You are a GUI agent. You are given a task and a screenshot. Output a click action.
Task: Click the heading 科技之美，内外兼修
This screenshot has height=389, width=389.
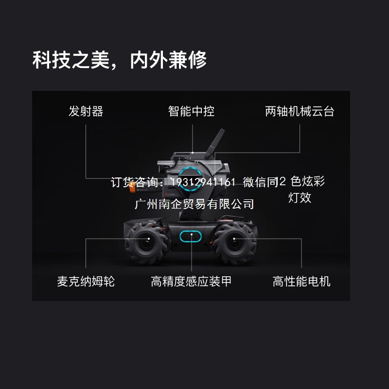tap(120, 60)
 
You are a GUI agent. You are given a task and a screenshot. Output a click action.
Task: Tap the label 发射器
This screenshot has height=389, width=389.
tap(86, 111)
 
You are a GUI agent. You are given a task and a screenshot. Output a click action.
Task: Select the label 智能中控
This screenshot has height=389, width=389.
tap(191, 111)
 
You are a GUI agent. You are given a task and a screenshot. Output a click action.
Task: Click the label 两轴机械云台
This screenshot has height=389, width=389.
tap(300, 111)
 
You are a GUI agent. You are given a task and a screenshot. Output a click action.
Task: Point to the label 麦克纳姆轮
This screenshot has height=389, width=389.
tap(86, 282)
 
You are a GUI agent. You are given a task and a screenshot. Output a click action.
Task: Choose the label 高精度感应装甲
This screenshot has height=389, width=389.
tap(191, 282)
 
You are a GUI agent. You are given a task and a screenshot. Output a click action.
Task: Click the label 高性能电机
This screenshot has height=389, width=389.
tap(301, 282)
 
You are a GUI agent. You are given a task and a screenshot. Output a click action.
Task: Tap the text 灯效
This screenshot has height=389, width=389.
tap(300, 198)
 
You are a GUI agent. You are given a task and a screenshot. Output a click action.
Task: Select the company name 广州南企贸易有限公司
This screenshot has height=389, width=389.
tap(194, 203)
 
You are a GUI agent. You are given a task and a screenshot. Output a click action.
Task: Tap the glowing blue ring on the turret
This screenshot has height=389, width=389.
tap(187, 175)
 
